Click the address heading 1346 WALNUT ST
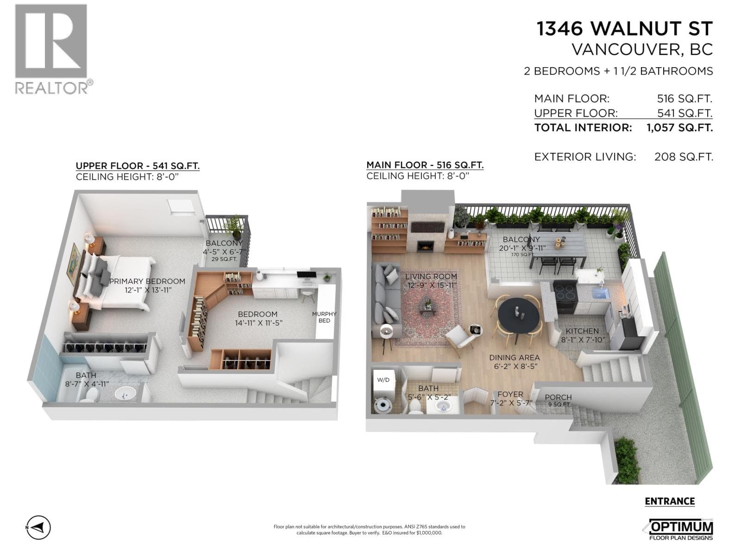(x=625, y=28)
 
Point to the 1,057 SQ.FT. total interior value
(x=679, y=127)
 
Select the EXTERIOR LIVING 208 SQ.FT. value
(x=684, y=157)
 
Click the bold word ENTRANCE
(x=670, y=502)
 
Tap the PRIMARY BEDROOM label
(x=147, y=281)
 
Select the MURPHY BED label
(x=324, y=317)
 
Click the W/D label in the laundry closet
(x=383, y=380)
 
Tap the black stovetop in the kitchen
(x=565, y=291)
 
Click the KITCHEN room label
(x=582, y=331)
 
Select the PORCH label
(x=558, y=397)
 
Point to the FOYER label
(x=510, y=394)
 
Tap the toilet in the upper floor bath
(x=89, y=394)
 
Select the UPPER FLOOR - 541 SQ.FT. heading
(x=138, y=166)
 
